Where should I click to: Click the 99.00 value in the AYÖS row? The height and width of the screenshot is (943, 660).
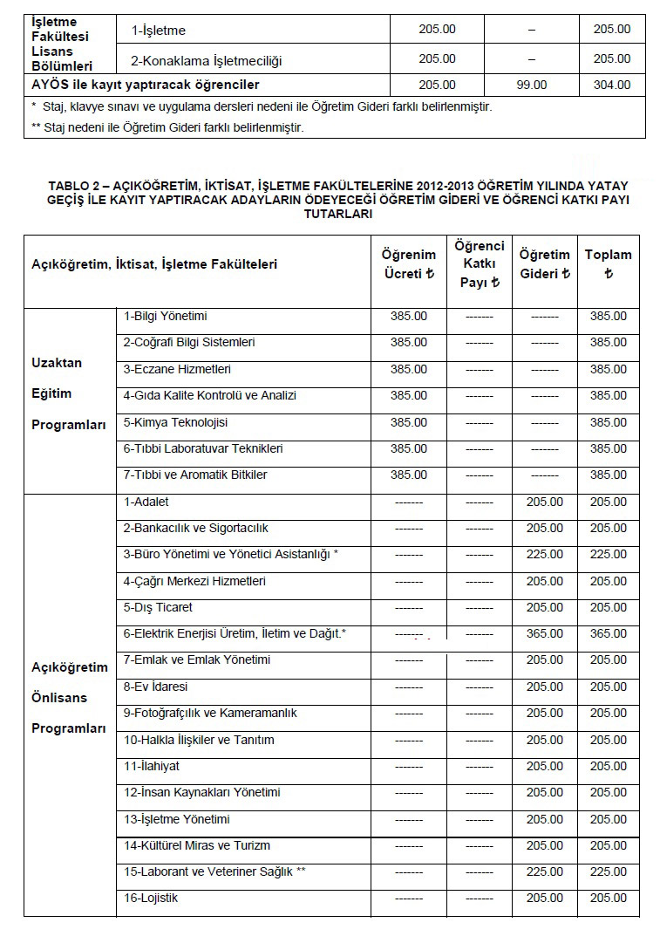coord(531,85)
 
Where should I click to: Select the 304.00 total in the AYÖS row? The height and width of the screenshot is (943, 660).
coord(611,85)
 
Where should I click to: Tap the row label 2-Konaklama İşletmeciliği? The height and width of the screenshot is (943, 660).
coord(207,59)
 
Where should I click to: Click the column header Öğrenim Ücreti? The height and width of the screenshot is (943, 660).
coord(409,263)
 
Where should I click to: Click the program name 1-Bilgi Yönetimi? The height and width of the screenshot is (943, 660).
coord(165,316)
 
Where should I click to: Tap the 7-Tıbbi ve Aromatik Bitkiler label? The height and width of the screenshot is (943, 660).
coord(194,475)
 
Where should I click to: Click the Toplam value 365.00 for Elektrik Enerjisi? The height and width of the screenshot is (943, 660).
coord(608,634)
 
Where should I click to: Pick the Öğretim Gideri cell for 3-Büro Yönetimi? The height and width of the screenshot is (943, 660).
coord(544,555)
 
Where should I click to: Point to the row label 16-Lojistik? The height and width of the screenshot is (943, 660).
coord(150,898)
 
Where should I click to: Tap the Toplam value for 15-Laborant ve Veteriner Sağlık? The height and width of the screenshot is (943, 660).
coord(608,871)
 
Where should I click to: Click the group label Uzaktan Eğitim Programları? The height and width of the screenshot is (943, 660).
coord(69,393)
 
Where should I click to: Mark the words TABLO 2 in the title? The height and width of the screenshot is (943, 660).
coord(76,187)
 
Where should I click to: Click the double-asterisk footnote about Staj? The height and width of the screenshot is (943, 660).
coord(167,126)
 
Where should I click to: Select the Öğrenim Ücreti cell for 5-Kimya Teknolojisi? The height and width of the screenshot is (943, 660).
coord(408,422)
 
